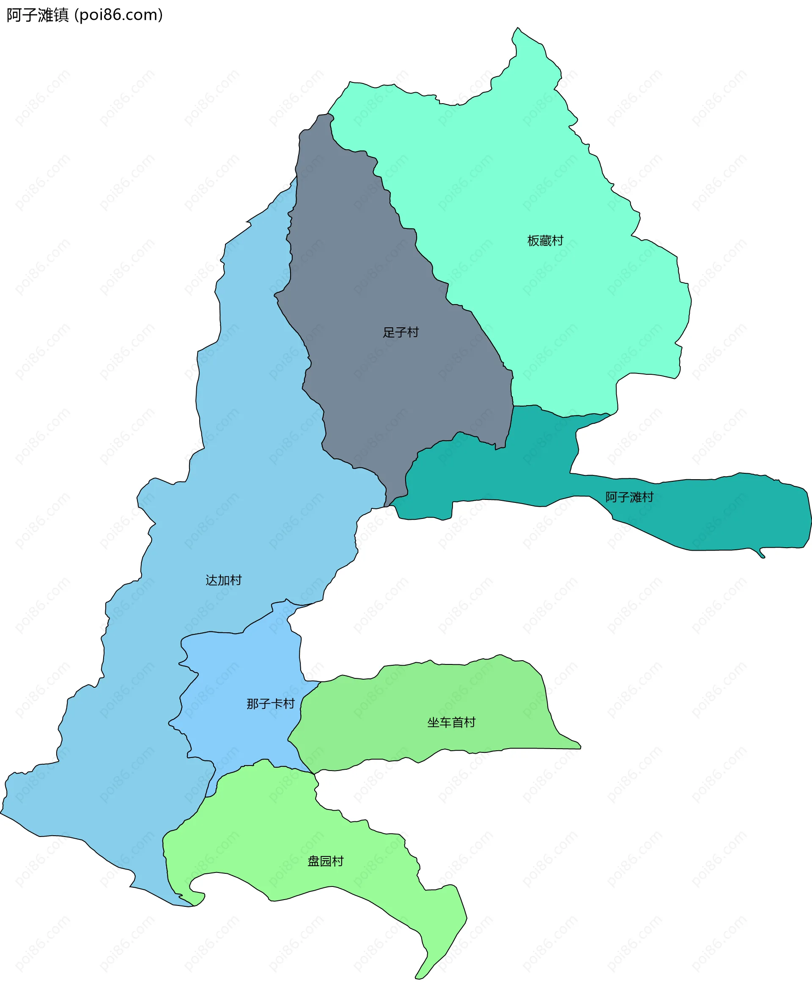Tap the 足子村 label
tap(401, 332)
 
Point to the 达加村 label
tap(223, 580)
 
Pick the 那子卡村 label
tap(270, 703)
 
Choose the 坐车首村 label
tap(451, 722)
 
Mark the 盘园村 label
tap(325, 861)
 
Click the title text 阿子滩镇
tap(37, 15)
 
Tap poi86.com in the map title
tap(119, 15)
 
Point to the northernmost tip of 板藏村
tap(517, 29)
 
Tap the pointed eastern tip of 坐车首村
tap(579, 747)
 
